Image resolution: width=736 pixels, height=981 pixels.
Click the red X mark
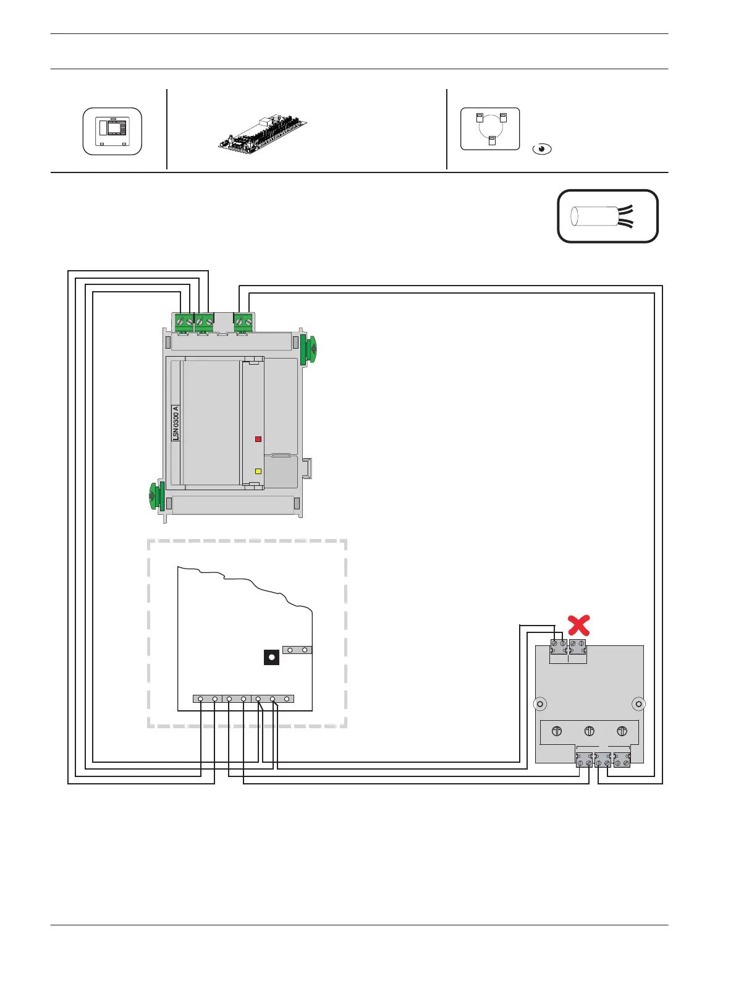click(x=578, y=625)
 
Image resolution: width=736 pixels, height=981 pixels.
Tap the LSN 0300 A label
click(x=176, y=423)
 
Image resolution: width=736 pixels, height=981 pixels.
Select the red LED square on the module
click(x=258, y=439)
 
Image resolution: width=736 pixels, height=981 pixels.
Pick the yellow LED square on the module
click(x=258, y=471)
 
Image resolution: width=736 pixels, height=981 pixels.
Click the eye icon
click(x=542, y=149)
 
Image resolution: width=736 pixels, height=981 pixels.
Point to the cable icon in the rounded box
click(x=607, y=216)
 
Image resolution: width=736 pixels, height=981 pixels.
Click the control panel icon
click(x=112, y=131)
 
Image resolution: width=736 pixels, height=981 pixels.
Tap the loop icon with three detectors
click(x=490, y=129)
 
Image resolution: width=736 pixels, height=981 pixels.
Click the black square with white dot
click(x=271, y=657)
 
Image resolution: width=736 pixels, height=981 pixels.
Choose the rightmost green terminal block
click(x=243, y=321)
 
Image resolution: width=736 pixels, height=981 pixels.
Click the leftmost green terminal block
click(x=184, y=321)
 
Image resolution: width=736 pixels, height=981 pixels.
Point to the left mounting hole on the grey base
click(x=539, y=703)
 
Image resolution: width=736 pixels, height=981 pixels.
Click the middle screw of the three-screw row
click(x=589, y=731)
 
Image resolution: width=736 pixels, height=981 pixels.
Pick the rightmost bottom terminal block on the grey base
click(x=622, y=760)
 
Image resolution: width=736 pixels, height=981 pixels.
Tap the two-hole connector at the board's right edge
click(x=297, y=650)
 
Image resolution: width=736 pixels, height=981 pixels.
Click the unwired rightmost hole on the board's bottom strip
click(x=287, y=699)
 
